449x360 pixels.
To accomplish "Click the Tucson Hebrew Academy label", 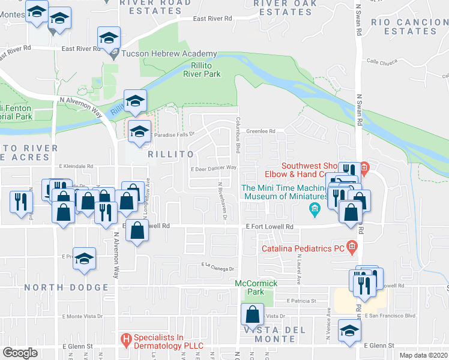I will [x=160, y=53].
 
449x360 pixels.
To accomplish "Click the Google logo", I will [x=19, y=353].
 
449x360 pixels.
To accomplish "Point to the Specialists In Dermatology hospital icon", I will [x=126, y=340].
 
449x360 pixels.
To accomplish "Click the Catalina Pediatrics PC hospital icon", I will [x=352, y=247].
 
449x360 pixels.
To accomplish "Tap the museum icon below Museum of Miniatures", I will [x=313, y=209].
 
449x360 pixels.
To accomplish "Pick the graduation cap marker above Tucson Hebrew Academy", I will [x=109, y=37].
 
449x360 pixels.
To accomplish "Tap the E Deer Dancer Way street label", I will [x=214, y=169].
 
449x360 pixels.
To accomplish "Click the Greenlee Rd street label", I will [x=261, y=131].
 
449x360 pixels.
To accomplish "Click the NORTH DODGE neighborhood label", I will [x=66, y=287].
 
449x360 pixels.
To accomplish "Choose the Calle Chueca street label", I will [x=382, y=61].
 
